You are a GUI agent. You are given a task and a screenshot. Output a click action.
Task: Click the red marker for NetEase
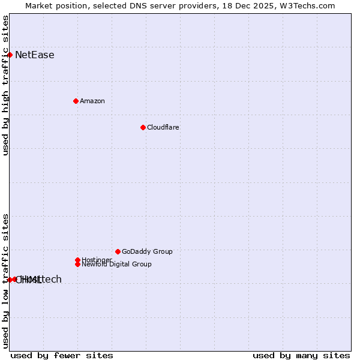point(10,55)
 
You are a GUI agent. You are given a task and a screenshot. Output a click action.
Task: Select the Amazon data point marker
point(76,101)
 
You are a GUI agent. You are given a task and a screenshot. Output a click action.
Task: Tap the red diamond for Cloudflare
point(143,127)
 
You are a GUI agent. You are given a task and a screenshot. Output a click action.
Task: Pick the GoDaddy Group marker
point(118,251)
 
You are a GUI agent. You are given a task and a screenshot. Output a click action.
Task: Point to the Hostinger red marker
point(77,260)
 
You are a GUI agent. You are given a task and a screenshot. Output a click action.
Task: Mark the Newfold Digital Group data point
point(77,264)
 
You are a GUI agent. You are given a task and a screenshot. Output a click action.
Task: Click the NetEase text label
point(35,55)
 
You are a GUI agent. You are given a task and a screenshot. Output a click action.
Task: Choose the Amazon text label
point(92,101)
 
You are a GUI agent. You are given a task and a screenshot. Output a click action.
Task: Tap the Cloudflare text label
point(163,127)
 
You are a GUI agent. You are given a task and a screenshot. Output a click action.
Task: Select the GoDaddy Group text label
point(147,251)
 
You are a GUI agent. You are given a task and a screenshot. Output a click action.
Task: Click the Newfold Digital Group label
point(117,264)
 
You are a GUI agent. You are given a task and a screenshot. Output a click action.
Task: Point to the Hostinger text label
point(96,260)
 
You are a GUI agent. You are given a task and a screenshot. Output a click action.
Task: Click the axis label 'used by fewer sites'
point(62,355)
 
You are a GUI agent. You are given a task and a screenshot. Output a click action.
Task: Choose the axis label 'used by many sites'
point(301,355)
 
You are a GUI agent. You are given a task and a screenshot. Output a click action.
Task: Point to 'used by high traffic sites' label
point(5,85)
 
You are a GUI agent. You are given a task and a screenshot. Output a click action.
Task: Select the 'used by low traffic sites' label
point(5,281)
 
